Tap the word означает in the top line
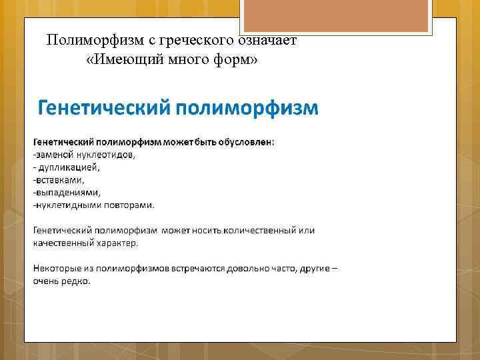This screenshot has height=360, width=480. click(x=269, y=41)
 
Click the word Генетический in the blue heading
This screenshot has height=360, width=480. click(x=103, y=108)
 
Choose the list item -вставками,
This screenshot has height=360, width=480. click(x=59, y=180)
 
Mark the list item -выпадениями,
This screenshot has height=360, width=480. click(x=67, y=192)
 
